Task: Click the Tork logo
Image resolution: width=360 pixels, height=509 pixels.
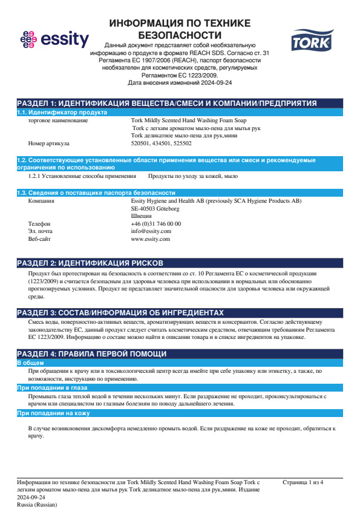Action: pyautogui.click(x=308, y=42)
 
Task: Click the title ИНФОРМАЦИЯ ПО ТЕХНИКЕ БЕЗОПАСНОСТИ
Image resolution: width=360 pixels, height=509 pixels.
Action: pyautogui.click(x=180, y=29)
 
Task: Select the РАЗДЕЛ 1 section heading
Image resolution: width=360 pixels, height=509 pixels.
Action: pyautogui.click(x=166, y=103)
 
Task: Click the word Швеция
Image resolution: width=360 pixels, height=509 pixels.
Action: pyautogui.click(x=141, y=216)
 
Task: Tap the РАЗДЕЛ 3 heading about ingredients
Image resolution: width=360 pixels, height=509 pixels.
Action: pyautogui.click(x=120, y=312)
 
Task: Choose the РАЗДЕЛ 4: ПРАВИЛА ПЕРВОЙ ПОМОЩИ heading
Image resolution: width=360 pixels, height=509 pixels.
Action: pyautogui.click(x=91, y=353)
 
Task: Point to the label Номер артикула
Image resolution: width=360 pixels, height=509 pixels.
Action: pyautogui.click(x=49, y=144)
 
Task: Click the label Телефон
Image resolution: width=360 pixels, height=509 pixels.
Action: pyautogui.click(x=40, y=223)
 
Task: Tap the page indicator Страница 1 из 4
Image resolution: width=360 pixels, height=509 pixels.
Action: pyautogui.click(x=303, y=482)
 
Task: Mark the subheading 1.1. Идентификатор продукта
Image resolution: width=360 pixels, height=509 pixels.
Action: pyautogui.click(x=62, y=113)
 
